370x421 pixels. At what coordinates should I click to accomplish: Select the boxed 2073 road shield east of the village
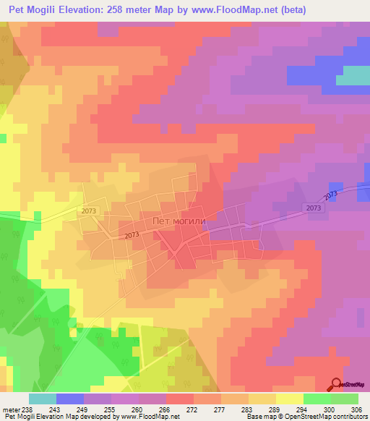(x=314, y=207)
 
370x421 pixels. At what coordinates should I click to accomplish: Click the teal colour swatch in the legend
(x=43, y=399)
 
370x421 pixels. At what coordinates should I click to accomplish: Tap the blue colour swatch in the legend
(x=70, y=399)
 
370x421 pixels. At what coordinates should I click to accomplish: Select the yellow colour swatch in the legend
(x=290, y=399)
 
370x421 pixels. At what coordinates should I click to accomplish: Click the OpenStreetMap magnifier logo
(x=336, y=383)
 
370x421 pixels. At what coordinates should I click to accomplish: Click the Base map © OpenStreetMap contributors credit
(x=306, y=417)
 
